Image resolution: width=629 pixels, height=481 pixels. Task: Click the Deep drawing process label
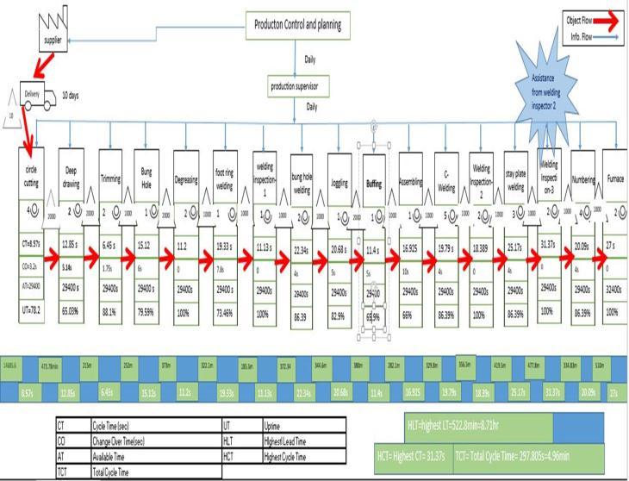click(x=72, y=176)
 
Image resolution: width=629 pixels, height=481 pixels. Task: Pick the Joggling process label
click(x=340, y=183)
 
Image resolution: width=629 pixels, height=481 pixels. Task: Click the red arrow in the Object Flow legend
click(x=603, y=21)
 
